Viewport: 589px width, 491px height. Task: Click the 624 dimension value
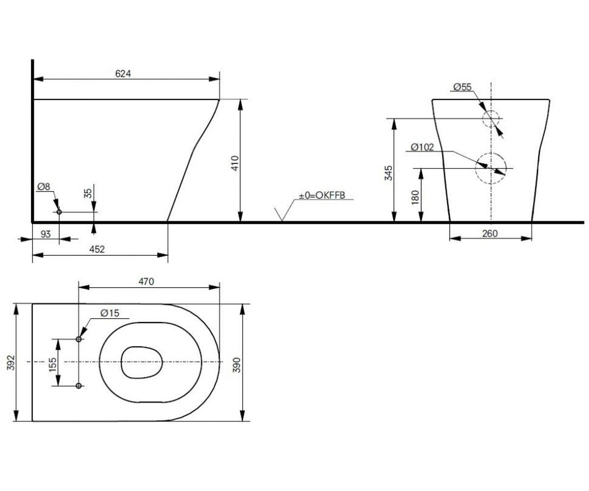click(123, 74)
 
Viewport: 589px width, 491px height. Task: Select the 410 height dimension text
click(235, 163)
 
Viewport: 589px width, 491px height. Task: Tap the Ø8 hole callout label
click(44, 187)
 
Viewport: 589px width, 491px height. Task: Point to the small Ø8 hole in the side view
click(59, 212)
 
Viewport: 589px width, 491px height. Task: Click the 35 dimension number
click(88, 193)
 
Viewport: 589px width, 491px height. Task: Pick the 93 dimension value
click(46, 234)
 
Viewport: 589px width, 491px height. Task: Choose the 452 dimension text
click(97, 249)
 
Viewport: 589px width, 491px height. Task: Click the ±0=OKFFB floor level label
click(322, 195)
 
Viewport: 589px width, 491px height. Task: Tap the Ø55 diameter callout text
click(462, 87)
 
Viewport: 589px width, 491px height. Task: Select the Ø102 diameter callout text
click(422, 147)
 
